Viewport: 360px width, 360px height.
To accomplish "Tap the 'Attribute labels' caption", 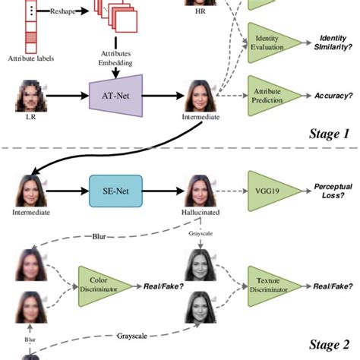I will click(x=30, y=58).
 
